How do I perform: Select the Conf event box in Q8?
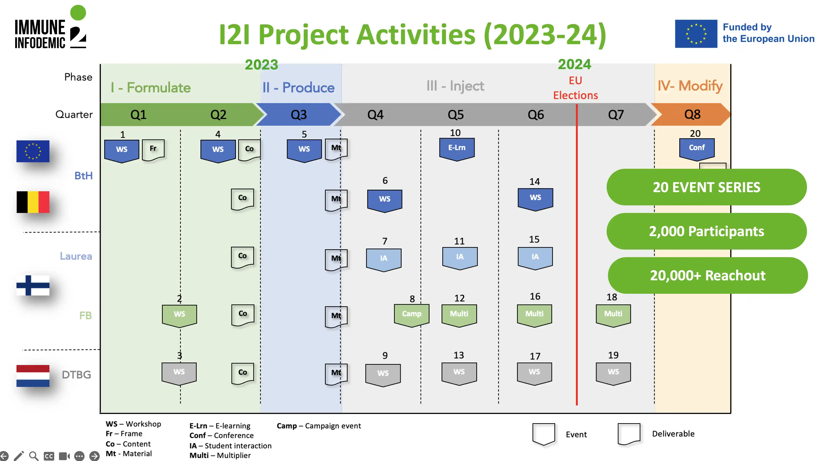point(696,148)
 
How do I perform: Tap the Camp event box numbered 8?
point(411,314)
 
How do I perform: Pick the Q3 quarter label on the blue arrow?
point(299,115)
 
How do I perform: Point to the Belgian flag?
point(33,202)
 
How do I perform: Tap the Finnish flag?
point(33,285)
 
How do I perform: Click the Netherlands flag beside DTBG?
point(33,376)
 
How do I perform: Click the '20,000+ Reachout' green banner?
point(707,276)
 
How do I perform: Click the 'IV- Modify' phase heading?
point(690,86)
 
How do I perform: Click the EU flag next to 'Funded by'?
point(696,34)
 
